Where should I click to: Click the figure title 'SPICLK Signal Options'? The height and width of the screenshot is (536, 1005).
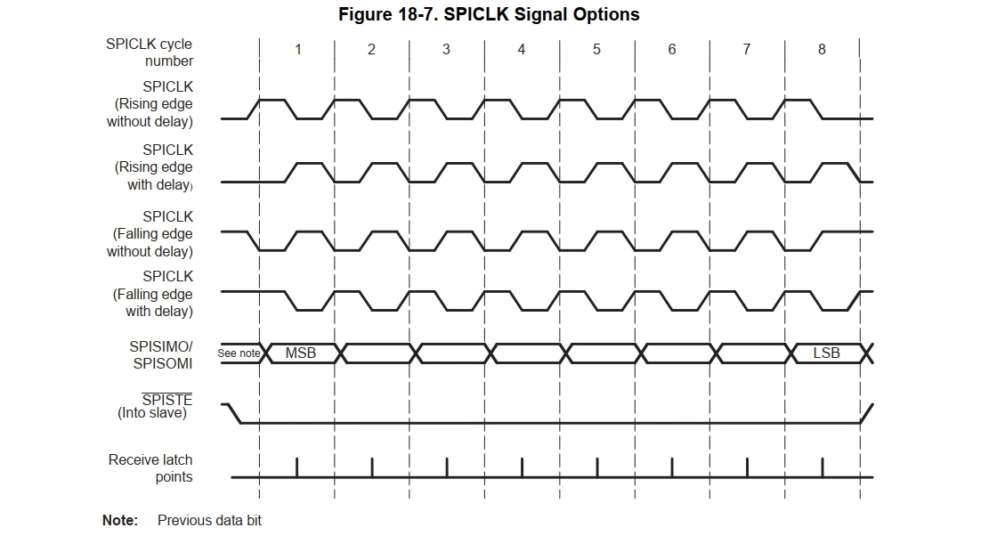click(x=541, y=14)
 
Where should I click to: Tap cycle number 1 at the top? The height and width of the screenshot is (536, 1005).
click(x=298, y=49)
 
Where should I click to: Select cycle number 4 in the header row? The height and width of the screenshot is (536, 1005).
click(x=522, y=49)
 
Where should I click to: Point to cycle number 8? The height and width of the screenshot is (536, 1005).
click(x=822, y=49)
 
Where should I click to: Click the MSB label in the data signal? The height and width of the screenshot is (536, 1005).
click(x=301, y=353)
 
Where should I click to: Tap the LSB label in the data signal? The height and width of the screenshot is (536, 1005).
click(x=826, y=353)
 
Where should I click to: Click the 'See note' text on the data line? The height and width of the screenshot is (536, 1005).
click(x=239, y=353)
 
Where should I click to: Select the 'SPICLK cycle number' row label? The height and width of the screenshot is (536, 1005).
click(x=150, y=53)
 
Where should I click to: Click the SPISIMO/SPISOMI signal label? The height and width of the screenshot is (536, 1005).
click(x=161, y=354)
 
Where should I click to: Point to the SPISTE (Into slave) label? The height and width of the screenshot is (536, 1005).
click(x=155, y=407)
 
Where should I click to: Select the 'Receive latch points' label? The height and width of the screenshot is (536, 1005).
click(x=150, y=468)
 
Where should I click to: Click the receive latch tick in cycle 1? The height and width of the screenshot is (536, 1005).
click(x=296, y=467)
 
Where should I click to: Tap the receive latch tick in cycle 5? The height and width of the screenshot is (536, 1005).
click(x=596, y=467)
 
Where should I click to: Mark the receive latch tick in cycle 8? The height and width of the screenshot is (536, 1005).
click(x=823, y=467)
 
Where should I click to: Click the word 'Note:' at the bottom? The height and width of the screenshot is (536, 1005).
click(x=120, y=520)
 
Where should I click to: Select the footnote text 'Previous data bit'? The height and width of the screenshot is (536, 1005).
click(x=209, y=520)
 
